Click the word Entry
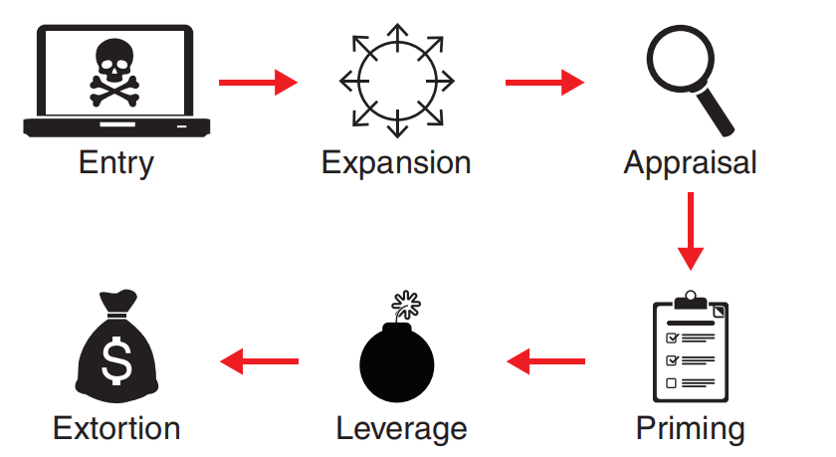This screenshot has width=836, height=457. [115, 162]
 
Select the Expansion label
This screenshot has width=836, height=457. [396, 162]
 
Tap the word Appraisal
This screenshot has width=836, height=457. [690, 162]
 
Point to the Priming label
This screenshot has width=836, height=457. [690, 428]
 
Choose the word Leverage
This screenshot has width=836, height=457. [401, 428]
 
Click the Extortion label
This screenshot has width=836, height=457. [116, 428]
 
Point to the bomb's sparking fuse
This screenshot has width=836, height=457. [405, 303]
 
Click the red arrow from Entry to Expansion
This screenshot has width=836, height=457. [258, 82]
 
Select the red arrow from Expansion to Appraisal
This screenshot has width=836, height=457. [544, 82]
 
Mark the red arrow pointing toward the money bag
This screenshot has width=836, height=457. [259, 359]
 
